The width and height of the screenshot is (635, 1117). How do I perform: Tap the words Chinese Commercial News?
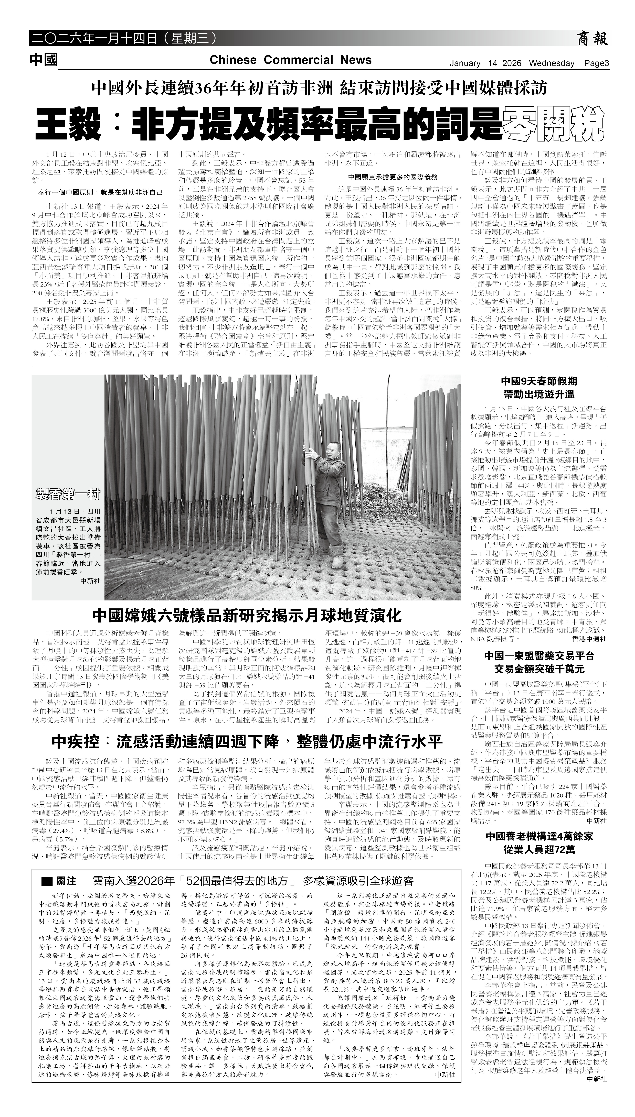(x=290, y=60)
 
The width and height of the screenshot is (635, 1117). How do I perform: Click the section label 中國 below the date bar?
(x=44, y=60)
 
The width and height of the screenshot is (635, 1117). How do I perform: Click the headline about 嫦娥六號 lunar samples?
(x=246, y=616)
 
